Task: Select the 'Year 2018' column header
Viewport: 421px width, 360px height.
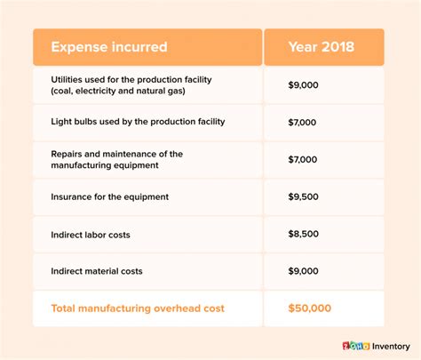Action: pyautogui.click(x=323, y=47)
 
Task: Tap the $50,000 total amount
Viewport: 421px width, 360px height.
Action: pyautogui.click(x=308, y=308)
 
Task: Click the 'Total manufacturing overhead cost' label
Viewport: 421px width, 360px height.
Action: pyautogui.click(x=138, y=308)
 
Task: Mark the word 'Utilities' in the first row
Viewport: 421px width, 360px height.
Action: pyautogui.click(x=68, y=80)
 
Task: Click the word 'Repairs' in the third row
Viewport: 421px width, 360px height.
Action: pyautogui.click(x=69, y=154)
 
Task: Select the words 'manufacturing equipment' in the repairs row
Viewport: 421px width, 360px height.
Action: pyautogui.click(x=106, y=165)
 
